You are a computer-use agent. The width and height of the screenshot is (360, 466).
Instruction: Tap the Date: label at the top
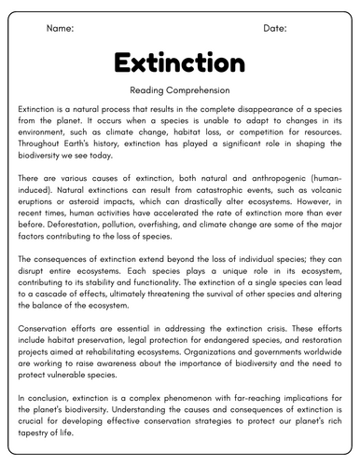pyautogui.click(x=275, y=29)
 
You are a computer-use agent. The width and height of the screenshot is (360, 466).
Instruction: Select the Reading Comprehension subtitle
pyautogui.click(x=179, y=90)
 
